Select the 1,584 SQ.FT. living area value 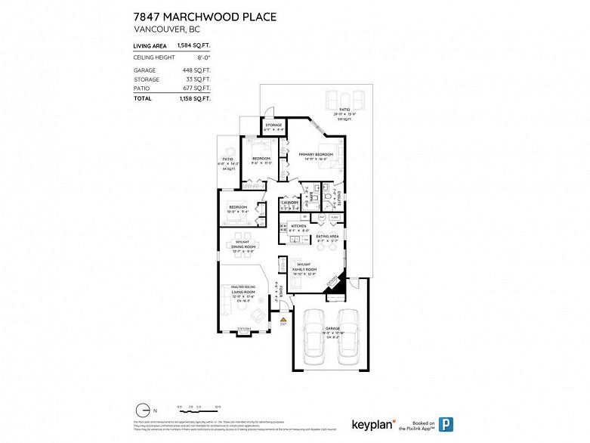[194, 46]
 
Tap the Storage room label [273, 125]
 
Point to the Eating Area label [326, 236]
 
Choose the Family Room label [304, 268]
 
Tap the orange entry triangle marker [283, 320]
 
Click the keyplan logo [373, 425]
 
